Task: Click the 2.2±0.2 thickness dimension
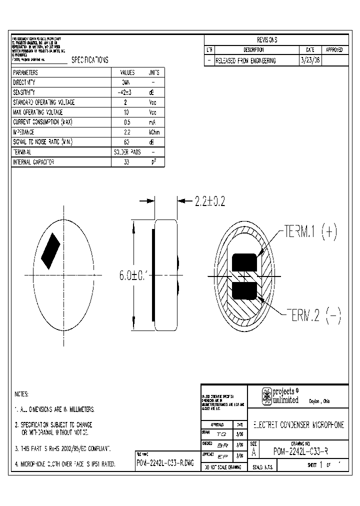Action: pyautogui.click(x=210, y=201)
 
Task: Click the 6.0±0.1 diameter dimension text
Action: pyautogui.click(x=133, y=275)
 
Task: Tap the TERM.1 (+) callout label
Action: pyautogui.click(x=311, y=231)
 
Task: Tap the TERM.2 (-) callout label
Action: pyautogui.click(x=313, y=316)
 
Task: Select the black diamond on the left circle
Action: pyautogui.click(x=50, y=251)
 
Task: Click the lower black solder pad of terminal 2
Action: pyautogui.click(x=244, y=290)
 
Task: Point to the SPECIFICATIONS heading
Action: pyautogui.click(x=90, y=60)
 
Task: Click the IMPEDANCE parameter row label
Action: pyautogui.click(x=23, y=132)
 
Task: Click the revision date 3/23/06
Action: pyautogui.click(x=310, y=60)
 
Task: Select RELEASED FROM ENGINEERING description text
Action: pyautogui.click(x=245, y=60)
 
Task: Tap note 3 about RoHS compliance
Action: pyautogui.click(x=62, y=449)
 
